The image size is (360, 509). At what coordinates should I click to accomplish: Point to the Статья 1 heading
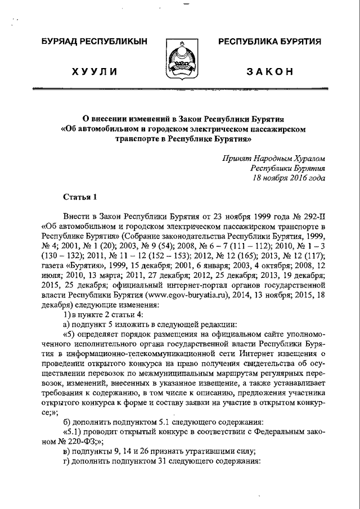80,196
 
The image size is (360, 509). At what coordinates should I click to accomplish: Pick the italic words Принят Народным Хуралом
273,159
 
